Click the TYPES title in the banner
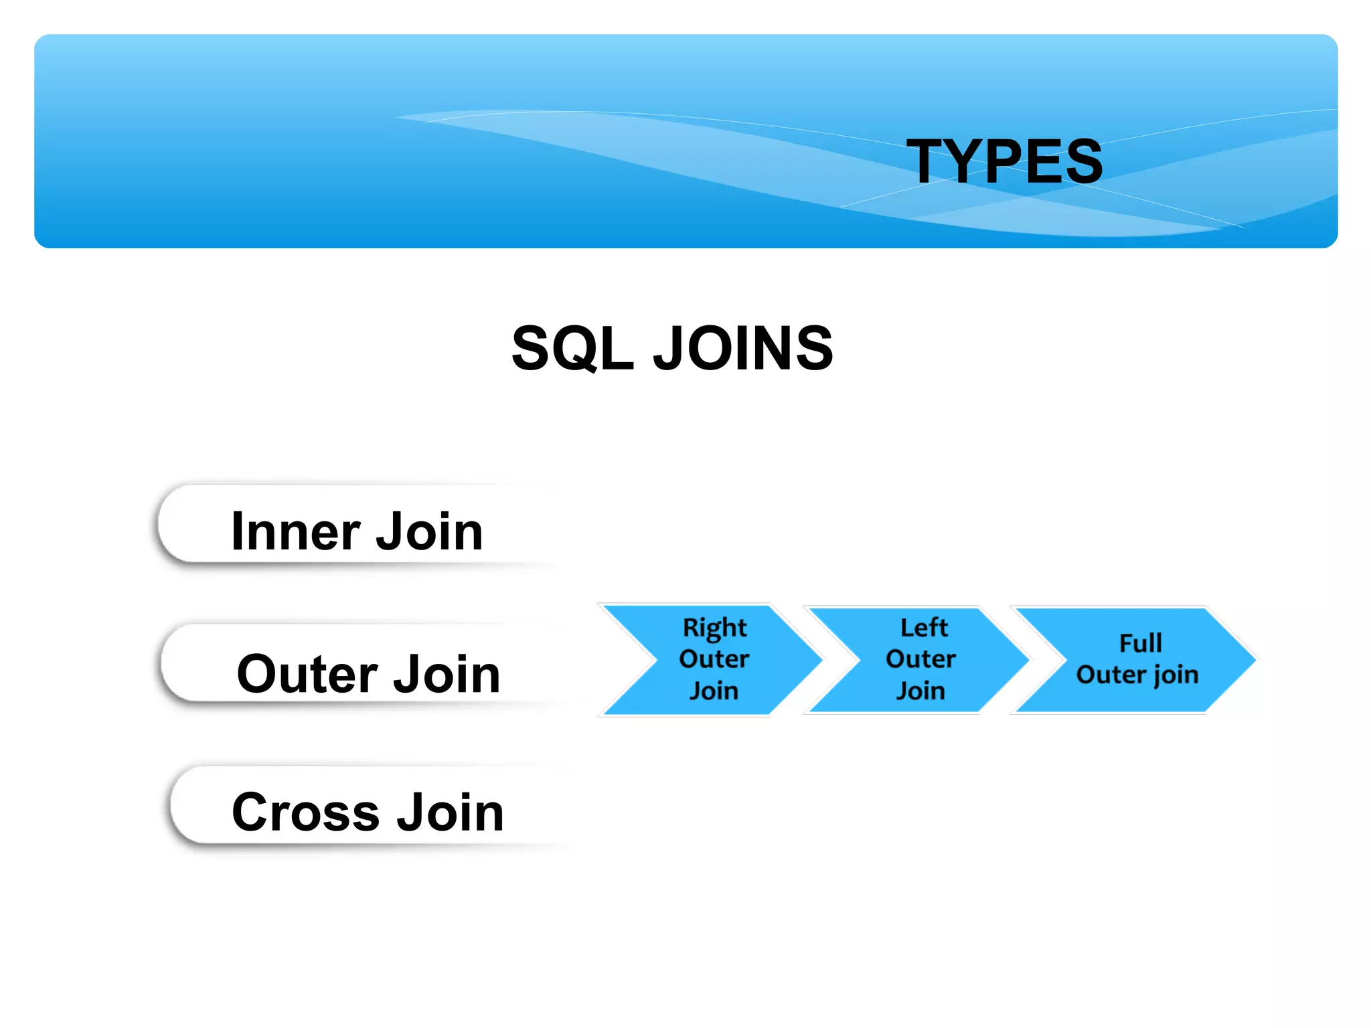tap(1004, 161)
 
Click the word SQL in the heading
tap(572, 348)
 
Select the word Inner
tap(296, 531)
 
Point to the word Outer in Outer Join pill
tap(307, 674)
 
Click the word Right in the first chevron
tap(714, 628)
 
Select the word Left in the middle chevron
tap(924, 628)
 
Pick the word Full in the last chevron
tap(1140, 643)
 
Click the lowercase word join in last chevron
tap(1176, 675)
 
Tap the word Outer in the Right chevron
tap(714, 659)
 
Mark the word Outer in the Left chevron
tap(920, 659)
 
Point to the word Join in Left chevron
tap(920, 691)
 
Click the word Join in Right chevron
tap(714, 691)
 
